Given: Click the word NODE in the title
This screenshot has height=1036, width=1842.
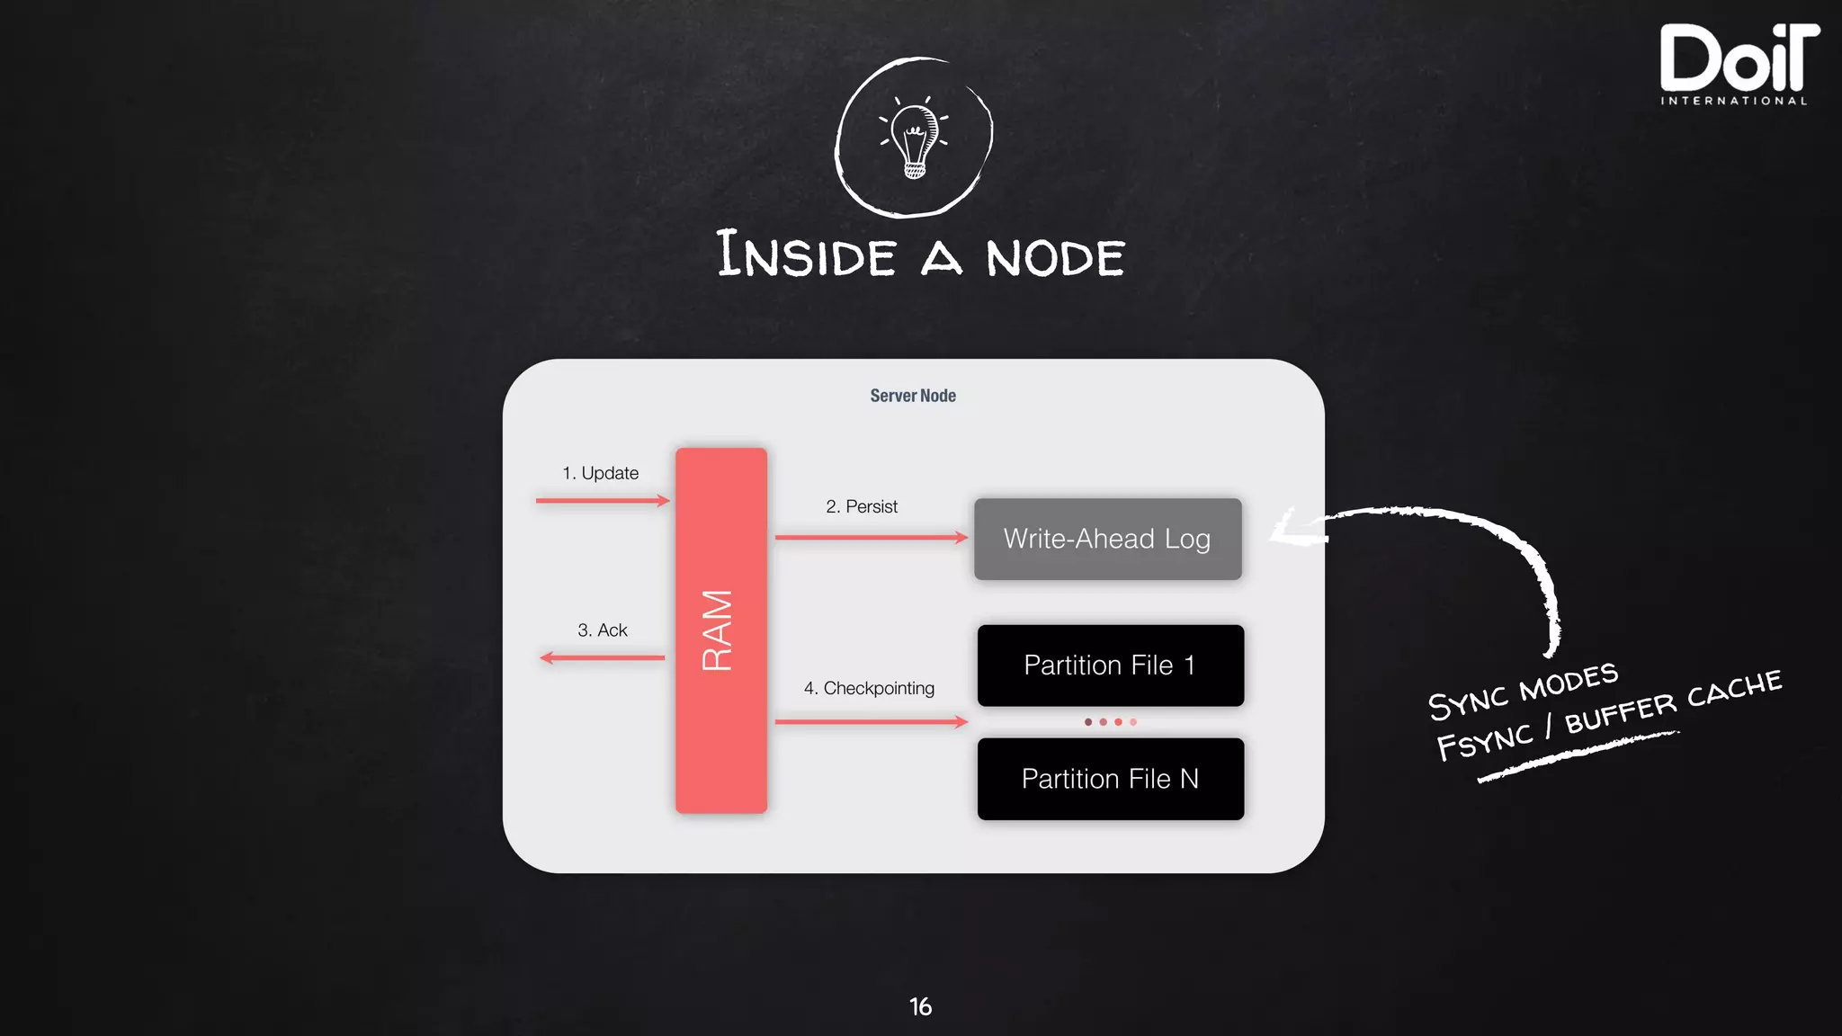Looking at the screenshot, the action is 1055,258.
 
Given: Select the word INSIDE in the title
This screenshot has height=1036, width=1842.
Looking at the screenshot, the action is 806,255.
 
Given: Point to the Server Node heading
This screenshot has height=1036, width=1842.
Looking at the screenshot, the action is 913,396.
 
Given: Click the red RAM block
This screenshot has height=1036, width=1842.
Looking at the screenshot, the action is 721,630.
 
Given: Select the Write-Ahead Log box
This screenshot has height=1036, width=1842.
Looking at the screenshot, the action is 1107,539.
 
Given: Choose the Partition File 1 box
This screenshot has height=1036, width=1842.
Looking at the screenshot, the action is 1110,665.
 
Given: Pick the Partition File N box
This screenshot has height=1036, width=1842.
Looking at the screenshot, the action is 1110,779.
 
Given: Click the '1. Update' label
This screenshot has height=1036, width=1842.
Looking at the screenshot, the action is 600,473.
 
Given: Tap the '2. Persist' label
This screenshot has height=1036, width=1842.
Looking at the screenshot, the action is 862,506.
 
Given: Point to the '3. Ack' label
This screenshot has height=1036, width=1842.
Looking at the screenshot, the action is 603,630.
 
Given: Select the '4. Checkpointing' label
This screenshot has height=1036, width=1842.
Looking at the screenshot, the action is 869,688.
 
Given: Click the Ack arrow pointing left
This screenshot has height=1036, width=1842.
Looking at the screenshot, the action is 603,658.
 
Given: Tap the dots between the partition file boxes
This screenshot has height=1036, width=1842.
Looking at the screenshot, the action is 1111,722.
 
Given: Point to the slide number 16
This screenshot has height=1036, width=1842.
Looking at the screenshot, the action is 920,1006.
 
